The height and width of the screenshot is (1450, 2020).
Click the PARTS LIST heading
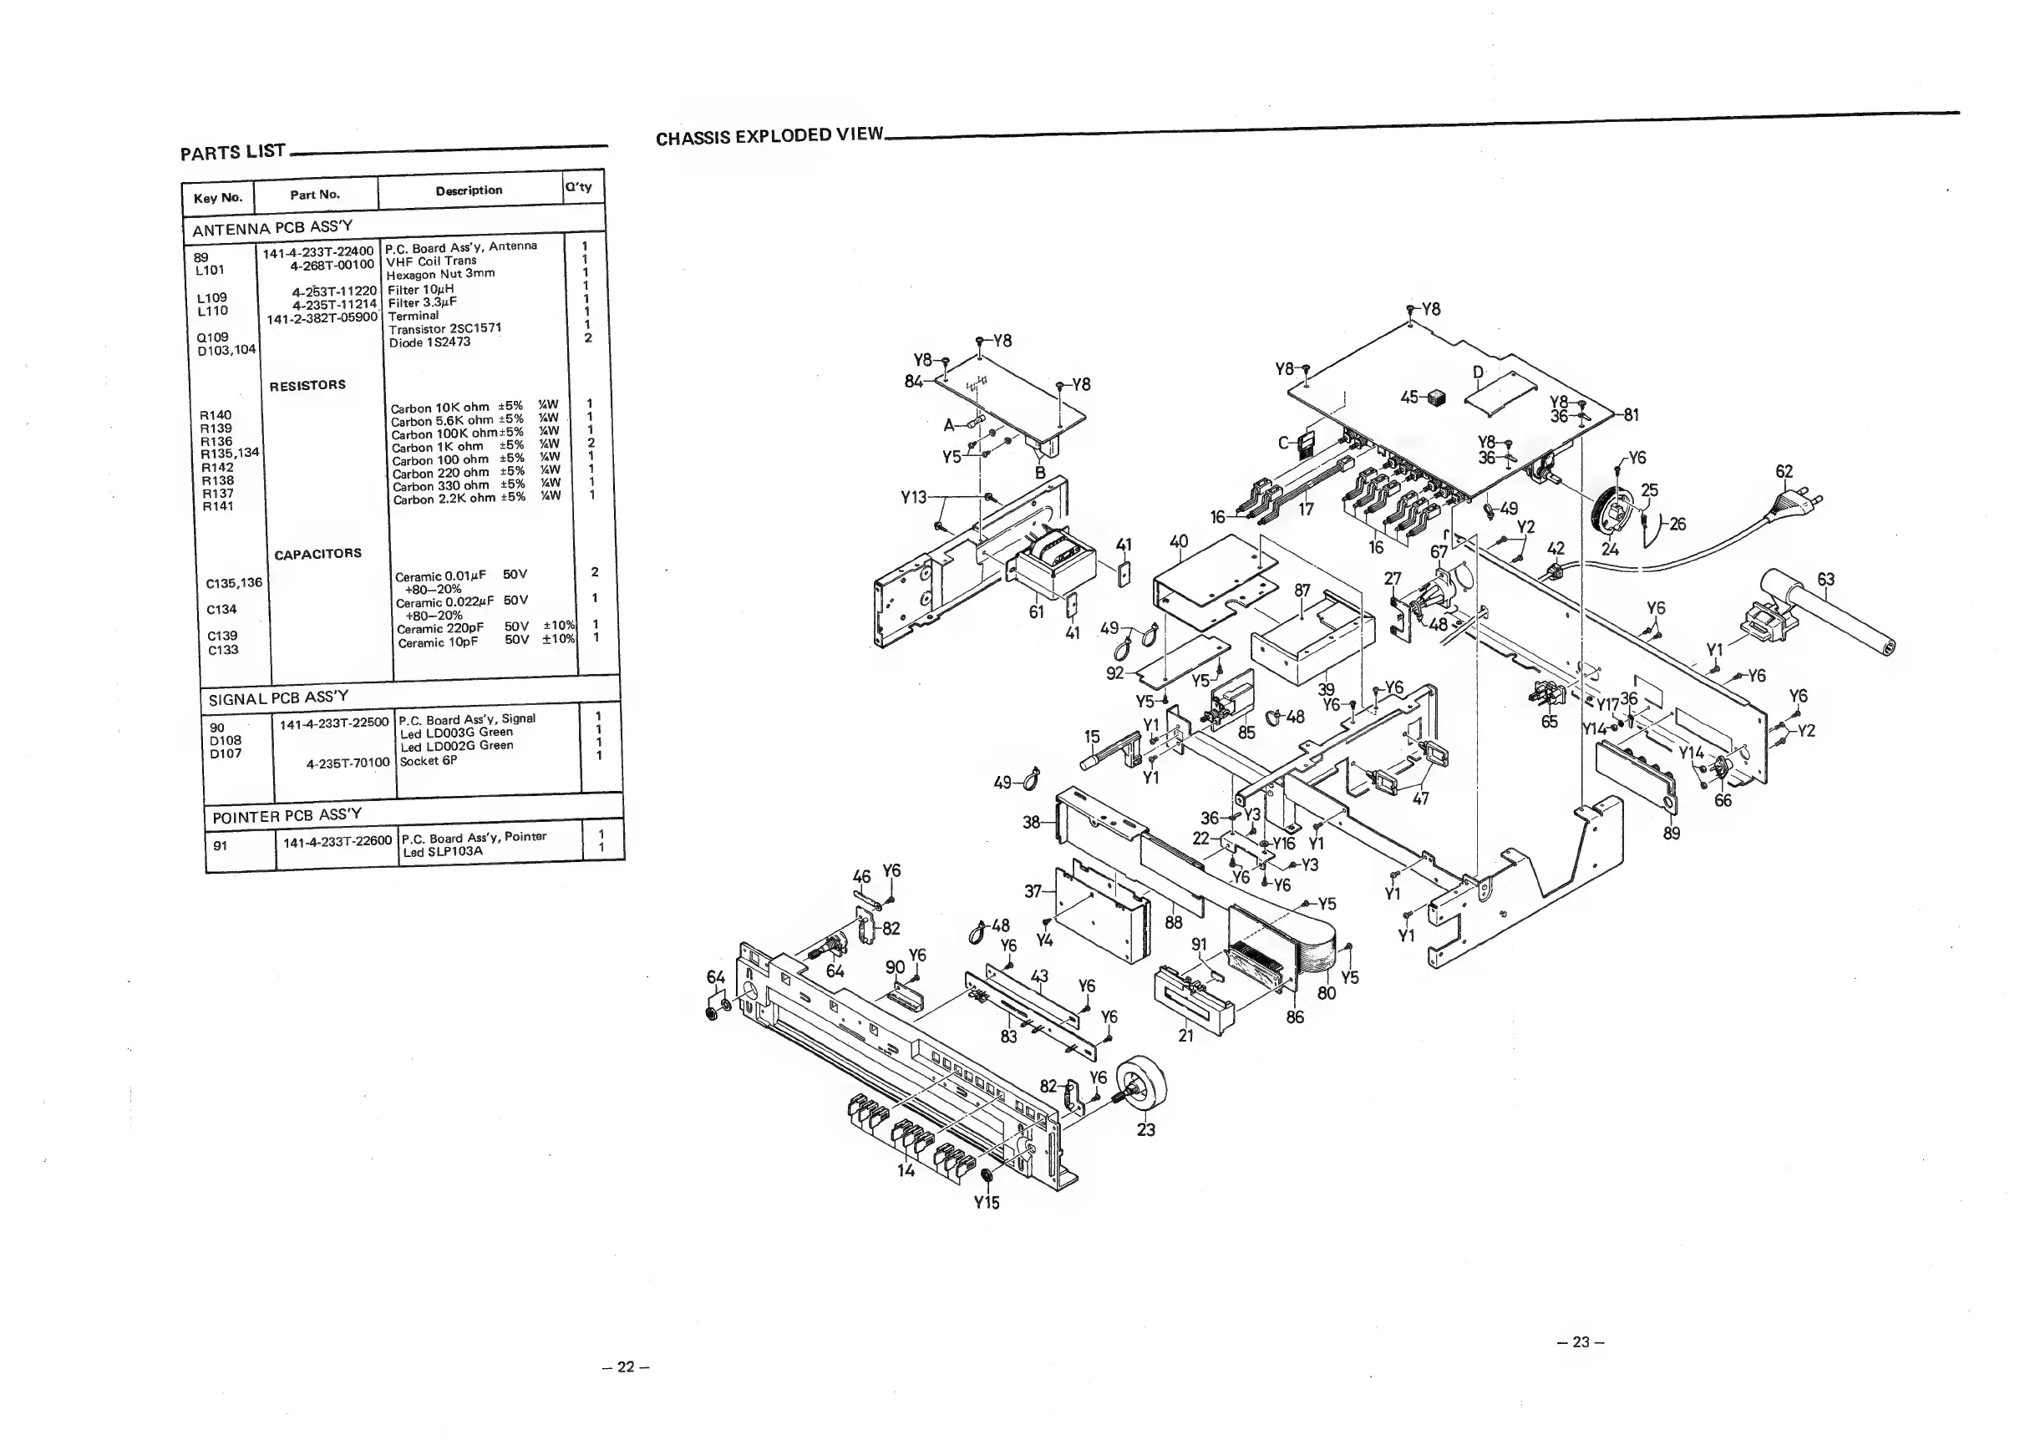pyautogui.click(x=232, y=151)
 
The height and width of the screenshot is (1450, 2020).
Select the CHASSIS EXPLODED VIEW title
pyautogui.click(x=769, y=136)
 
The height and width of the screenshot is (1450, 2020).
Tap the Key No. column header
pyautogui.click(x=217, y=198)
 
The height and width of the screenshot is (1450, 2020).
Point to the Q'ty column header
pyautogui.click(x=578, y=187)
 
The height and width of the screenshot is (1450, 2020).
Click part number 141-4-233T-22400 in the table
pyautogui.click(x=317, y=252)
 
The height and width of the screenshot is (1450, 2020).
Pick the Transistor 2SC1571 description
pyautogui.click(x=444, y=328)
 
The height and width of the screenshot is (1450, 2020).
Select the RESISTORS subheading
pyautogui.click(x=307, y=385)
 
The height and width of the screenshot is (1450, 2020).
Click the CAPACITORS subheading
pyautogui.click(x=317, y=554)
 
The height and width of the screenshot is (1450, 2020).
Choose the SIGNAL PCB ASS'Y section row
pyautogui.click(x=278, y=697)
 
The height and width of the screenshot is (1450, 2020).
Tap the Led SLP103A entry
pyautogui.click(x=443, y=851)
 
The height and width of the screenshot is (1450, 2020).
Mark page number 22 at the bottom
pyautogui.click(x=626, y=1366)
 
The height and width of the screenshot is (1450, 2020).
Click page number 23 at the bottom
pyautogui.click(x=1581, y=1342)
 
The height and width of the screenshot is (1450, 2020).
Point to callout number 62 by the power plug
pyautogui.click(x=1784, y=472)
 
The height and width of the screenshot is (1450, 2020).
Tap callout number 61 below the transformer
pyautogui.click(x=1036, y=612)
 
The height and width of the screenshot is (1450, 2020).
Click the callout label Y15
pyautogui.click(x=986, y=1203)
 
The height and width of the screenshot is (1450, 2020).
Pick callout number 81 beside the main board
pyautogui.click(x=1631, y=415)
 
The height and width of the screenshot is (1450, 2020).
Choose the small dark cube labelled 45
pyautogui.click(x=1436, y=398)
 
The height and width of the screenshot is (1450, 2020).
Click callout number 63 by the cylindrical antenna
pyautogui.click(x=1826, y=580)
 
